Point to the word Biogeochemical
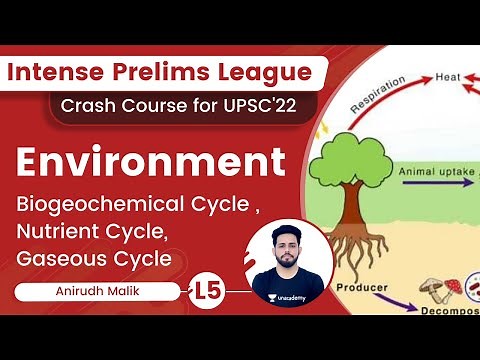click(x=100, y=206)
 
